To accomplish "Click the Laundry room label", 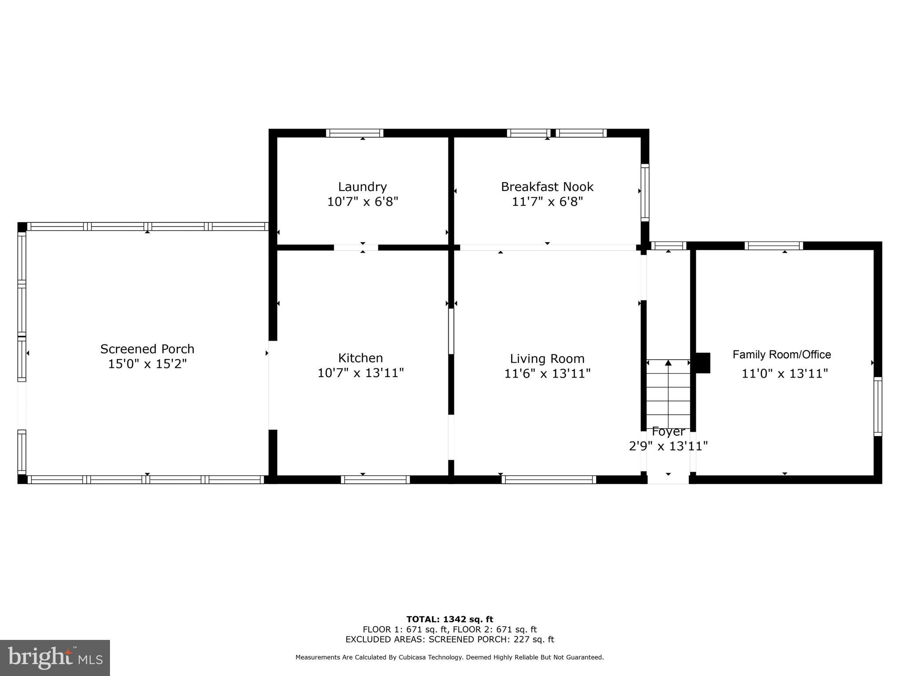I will pyautogui.click(x=362, y=187).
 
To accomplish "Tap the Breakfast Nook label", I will pyautogui.click(x=547, y=187).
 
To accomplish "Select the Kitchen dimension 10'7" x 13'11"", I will pyautogui.click(x=360, y=373).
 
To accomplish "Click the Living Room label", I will pyautogui.click(x=547, y=359).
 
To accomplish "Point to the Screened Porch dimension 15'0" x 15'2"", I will pyautogui.click(x=147, y=364).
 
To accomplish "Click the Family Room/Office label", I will pyautogui.click(x=781, y=354).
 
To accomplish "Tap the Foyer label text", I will pyautogui.click(x=668, y=431).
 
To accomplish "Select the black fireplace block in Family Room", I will pyautogui.click(x=703, y=363).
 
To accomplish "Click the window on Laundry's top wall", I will pyautogui.click(x=355, y=133).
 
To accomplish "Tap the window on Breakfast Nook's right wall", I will pyautogui.click(x=644, y=192).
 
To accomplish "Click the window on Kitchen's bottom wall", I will pyautogui.click(x=375, y=479).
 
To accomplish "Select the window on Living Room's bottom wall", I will pyautogui.click(x=549, y=479).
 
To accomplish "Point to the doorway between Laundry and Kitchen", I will pyautogui.click(x=356, y=247).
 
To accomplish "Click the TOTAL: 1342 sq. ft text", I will pyautogui.click(x=450, y=619).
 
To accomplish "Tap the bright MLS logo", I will pyautogui.click(x=55, y=658).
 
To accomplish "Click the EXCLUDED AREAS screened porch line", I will pyautogui.click(x=450, y=639).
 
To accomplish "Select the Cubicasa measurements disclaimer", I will pyautogui.click(x=450, y=657).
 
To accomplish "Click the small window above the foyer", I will pyautogui.click(x=668, y=246).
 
